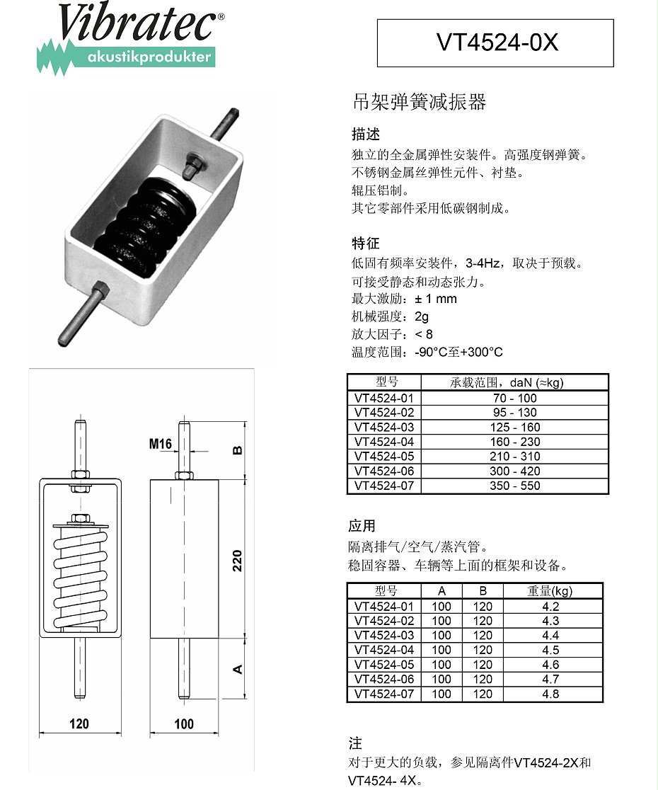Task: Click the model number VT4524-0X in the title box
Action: point(497,43)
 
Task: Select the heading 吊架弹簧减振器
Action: point(419,103)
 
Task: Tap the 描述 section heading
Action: point(366,134)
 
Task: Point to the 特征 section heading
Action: point(366,244)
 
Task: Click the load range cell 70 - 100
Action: point(515,398)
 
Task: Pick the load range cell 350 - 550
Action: point(515,486)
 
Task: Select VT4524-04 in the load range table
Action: point(384,442)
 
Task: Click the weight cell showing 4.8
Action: point(550,694)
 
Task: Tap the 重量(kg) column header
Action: point(550,591)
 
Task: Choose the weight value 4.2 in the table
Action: point(550,606)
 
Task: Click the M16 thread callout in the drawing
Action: point(161,445)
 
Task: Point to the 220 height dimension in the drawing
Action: point(238,560)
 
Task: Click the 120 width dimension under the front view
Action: point(79,723)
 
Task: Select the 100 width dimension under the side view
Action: point(184,723)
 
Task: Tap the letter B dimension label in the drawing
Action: point(238,450)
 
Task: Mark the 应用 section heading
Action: point(362,526)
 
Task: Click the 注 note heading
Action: point(355,743)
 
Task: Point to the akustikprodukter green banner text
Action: point(149,57)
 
